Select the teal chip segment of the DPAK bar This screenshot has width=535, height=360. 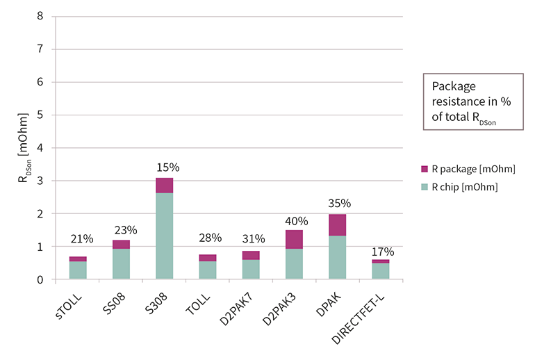coord(337,257)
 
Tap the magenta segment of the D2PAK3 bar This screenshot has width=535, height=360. coord(294,239)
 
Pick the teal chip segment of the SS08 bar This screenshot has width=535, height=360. coord(121,263)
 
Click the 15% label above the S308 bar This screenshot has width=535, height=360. coord(168,167)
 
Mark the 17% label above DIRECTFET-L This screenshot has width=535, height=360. coord(382,251)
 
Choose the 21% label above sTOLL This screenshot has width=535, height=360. coord(81,239)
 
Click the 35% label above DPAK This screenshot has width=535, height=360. coord(339,204)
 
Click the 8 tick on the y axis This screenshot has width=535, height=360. coord(41,16)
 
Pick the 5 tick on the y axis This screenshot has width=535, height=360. coord(41,115)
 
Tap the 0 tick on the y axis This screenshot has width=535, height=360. coord(41,279)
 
